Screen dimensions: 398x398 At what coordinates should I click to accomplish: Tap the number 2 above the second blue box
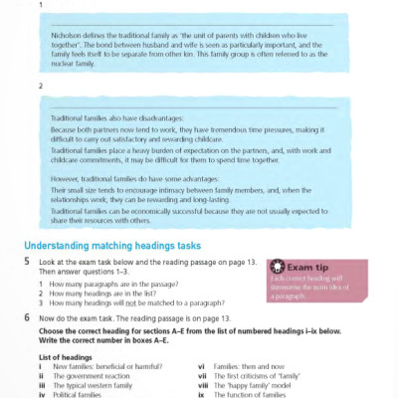[39, 87]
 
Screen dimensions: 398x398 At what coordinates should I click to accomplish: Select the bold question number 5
[28, 261]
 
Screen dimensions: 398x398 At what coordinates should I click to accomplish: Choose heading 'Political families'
[79, 392]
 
